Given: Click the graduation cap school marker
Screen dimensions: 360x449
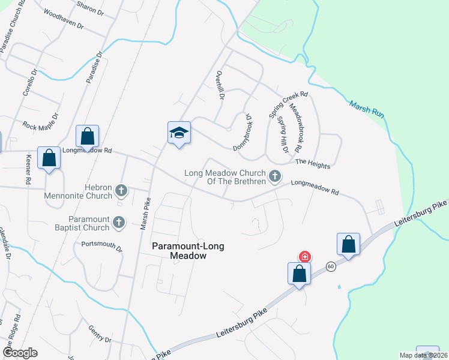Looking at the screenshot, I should [x=179, y=133].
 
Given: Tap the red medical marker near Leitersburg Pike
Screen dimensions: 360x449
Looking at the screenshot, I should [x=305, y=257].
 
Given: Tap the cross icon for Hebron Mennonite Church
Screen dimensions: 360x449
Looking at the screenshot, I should [x=121, y=191].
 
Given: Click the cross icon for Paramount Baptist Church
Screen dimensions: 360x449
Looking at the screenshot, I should [x=119, y=223].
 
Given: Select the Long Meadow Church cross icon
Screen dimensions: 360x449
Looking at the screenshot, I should [x=275, y=176].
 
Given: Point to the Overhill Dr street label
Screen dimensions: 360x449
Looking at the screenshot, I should [x=220, y=85].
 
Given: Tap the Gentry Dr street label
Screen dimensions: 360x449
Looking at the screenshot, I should [x=100, y=334].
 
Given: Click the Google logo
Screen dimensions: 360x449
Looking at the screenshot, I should [x=19, y=352].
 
